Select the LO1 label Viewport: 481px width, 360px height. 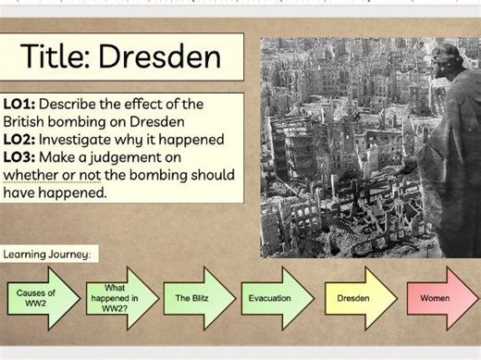tap(19, 105)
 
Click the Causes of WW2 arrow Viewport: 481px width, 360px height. tap(38, 298)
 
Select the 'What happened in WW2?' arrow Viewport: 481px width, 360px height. tap(117, 298)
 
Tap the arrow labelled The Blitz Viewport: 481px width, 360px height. tap(194, 298)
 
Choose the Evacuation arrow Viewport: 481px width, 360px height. tap(272, 298)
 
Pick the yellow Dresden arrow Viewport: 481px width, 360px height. tap(354, 298)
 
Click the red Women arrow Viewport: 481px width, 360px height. tap(436, 298)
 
